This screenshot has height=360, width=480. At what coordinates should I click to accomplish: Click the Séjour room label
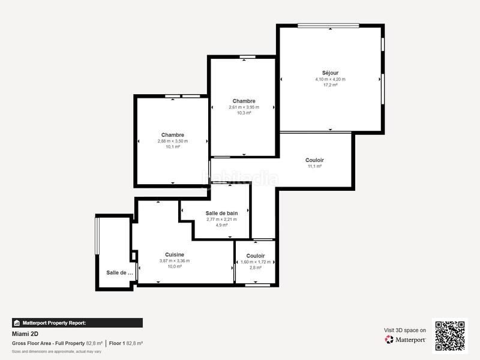pyautogui.click(x=330, y=73)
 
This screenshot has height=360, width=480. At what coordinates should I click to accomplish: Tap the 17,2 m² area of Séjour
pyautogui.click(x=330, y=85)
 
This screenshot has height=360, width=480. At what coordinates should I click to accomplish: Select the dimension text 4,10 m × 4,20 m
pyautogui.click(x=330, y=79)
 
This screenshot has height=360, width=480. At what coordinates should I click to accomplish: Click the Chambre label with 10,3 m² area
pyautogui.click(x=244, y=101)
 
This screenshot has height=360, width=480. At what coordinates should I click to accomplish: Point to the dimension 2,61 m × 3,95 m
pyautogui.click(x=244, y=107)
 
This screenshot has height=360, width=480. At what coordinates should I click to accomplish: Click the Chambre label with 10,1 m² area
pyautogui.click(x=173, y=135)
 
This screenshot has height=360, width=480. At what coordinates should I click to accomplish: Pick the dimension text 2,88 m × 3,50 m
pyautogui.click(x=173, y=141)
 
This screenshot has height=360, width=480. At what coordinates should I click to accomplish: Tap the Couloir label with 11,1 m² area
pyautogui.click(x=314, y=160)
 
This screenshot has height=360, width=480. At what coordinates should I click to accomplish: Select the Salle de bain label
pyautogui.click(x=221, y=213)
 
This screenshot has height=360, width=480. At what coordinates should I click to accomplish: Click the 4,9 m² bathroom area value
pyautogui.click(x=221, y=225)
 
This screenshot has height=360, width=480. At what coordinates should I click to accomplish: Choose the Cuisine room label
pyautogui.click(x=175, y=254)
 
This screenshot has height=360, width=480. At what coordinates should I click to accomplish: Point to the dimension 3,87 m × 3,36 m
pyautogui.click(x=175, y=260)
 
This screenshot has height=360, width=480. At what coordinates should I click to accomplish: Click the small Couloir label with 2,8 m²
pyautogui.click(x=255, y=256)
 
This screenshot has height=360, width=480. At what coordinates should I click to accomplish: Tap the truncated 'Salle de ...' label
pyautogui.click(x=120, y=272)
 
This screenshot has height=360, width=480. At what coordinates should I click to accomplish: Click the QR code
pyautogui.click(x=450, y=335)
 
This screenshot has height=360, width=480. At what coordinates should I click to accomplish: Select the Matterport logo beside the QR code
pyautogui.click(x=406, y=340)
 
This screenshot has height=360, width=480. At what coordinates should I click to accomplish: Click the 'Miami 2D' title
pyautogui.click(x=25, y=334)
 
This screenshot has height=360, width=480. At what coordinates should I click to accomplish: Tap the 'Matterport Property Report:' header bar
pyautogui.click(x=77, y=323)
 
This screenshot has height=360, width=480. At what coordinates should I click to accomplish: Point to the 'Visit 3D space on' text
pyautogui.click(x=405, y=330)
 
